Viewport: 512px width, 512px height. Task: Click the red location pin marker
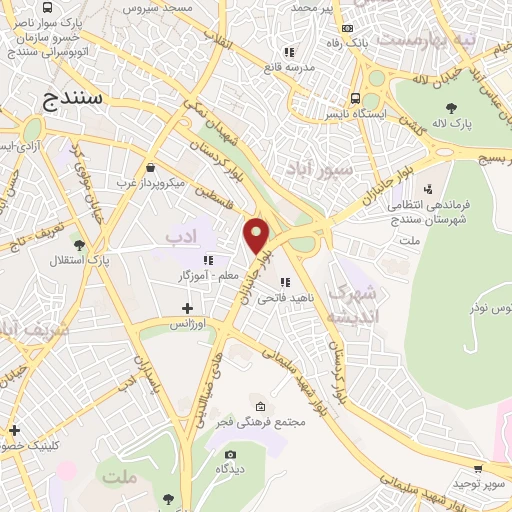257,234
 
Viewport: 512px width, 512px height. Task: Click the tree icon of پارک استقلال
79,243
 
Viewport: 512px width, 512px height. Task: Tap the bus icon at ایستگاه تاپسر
356,98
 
